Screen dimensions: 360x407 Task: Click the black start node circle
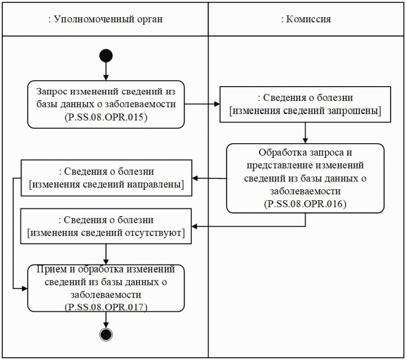(x=106, y=56)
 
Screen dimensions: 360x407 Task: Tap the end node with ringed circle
(x=106, y=335)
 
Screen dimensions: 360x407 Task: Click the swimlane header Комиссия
(x=306, y=20)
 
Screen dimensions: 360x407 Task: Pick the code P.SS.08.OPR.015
(x=106, y=118)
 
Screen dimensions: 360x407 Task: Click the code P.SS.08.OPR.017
(x=106, y=306)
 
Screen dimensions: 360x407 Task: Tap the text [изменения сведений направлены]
(x=106, y=184)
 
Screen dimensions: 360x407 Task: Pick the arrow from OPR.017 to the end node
(x=106, y=320)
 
